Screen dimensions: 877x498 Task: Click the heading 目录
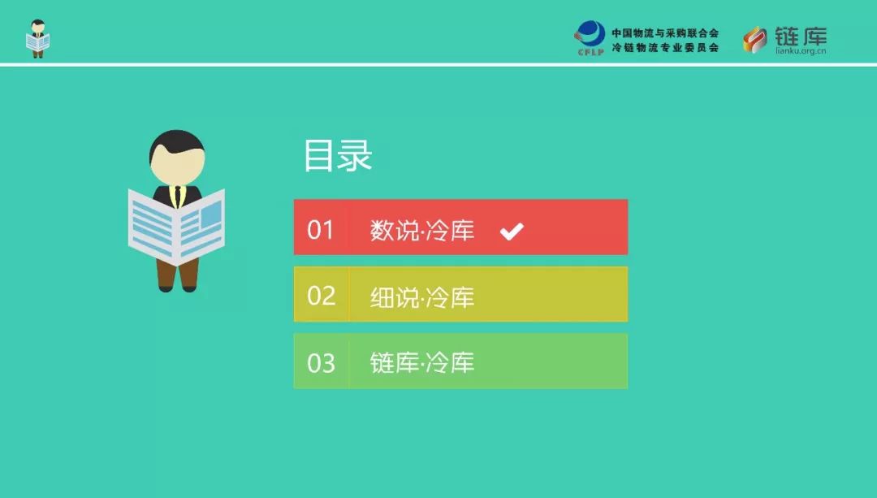click(338, 155)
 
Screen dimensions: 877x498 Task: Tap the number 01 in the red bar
click(321, 230)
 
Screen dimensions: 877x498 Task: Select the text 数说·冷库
click(422, 230)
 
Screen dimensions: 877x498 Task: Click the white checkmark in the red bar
click(512, 231)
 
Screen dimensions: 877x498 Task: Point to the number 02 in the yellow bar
click(321, 296)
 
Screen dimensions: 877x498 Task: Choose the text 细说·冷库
click(422, 297)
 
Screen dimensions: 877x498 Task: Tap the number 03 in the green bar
click(321, 363)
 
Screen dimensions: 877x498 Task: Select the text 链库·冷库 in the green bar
click(422, 362)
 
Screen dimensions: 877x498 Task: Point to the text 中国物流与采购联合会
click(665, 33)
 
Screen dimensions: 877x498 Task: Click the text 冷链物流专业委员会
click(665, 48)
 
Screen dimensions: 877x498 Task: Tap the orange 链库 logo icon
click(755, 40)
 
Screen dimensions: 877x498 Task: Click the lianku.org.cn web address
click(801, 51)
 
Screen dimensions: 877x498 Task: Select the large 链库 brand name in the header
click(801, 37)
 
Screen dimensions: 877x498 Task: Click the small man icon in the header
click(38, 39)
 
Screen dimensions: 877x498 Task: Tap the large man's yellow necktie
click(177, 197)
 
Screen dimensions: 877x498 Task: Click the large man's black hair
click(177, 143)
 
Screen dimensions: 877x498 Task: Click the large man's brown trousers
click(177, 274)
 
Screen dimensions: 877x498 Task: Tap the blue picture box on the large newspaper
click(211, 214)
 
